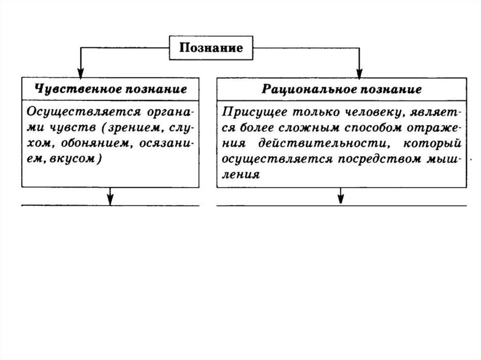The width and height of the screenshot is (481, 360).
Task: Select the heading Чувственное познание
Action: [110, 89]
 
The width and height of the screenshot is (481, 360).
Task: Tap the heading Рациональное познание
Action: [341, 89]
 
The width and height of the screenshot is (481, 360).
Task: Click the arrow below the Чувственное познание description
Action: [110, 198]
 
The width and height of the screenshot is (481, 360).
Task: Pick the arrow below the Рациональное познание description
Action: [341, 198]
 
